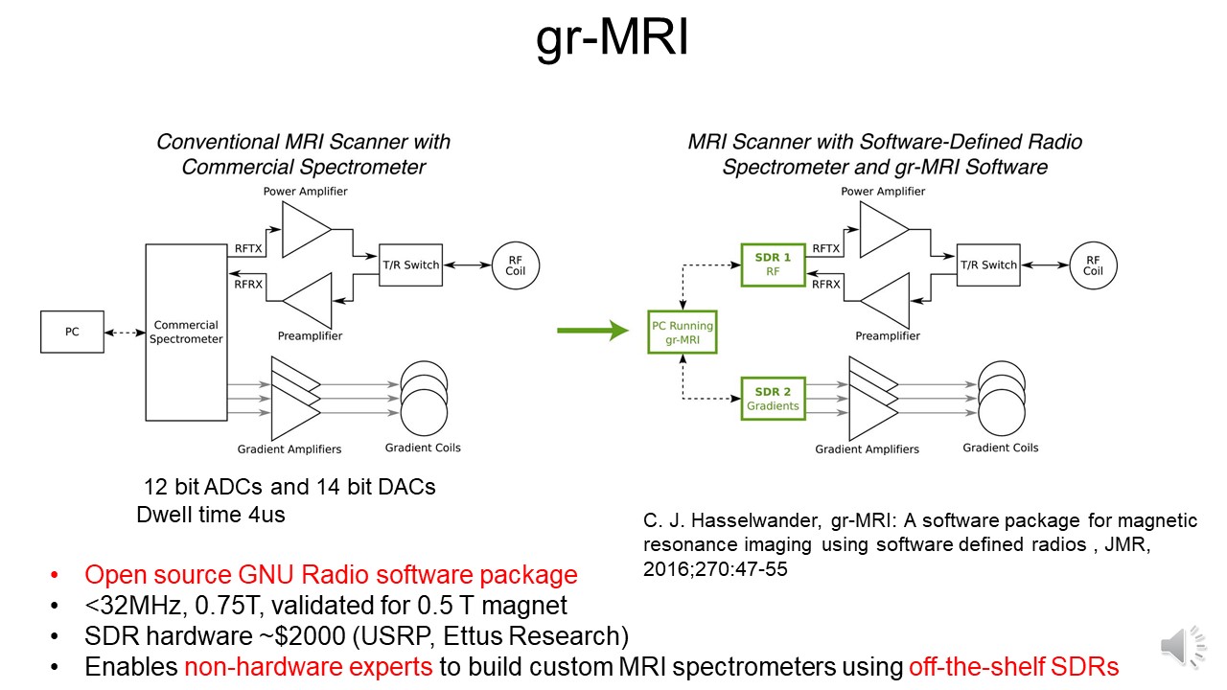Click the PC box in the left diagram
72,332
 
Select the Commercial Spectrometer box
187,332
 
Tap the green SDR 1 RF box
773,264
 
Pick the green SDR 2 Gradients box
773,399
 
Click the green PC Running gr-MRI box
682,333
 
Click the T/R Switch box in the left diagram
411,264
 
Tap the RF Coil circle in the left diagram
516,264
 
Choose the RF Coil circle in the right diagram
1093,264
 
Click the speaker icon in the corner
1183,647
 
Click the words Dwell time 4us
211,515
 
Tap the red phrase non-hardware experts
308,667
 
